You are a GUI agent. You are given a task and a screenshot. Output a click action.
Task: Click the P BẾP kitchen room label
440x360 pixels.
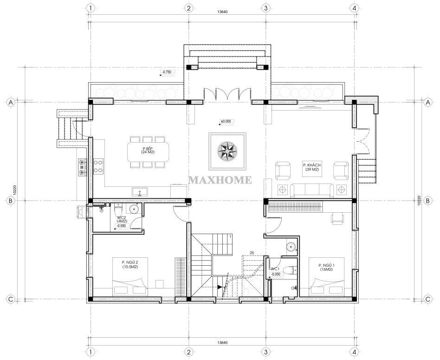[149, 150]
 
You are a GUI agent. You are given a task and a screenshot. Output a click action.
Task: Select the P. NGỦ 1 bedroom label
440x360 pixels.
[326, 267]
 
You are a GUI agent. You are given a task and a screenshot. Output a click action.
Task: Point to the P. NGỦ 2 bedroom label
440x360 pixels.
[130, 264]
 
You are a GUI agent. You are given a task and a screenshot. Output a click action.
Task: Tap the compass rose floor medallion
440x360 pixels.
[227, 151]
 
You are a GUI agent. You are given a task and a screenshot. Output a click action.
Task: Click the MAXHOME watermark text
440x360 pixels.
[220, 180]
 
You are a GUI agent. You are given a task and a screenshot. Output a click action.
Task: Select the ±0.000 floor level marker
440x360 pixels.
[226, 121]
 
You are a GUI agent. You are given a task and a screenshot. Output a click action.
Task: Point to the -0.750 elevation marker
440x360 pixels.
[168, 72]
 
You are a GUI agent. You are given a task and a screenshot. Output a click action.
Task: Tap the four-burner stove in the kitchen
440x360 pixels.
[98, 166]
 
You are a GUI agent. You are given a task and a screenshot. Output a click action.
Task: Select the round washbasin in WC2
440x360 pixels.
[135, 209]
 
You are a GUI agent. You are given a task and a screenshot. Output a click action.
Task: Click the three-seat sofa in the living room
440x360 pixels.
[312, 190]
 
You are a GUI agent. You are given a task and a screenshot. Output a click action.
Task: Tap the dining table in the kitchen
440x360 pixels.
[149, 152]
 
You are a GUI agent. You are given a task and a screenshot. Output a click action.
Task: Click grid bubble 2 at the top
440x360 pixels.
[188, 8]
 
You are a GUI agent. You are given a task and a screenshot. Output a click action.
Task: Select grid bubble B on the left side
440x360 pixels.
[11, 201]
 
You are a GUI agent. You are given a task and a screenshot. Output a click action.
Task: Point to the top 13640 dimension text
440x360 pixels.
[222, 12]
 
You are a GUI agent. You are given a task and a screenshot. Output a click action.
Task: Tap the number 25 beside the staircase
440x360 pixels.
[252, 253]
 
